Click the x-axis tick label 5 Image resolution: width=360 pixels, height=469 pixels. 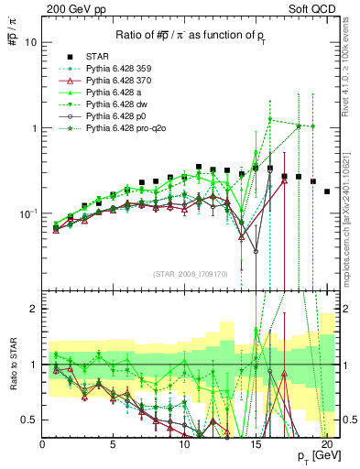[113, 442]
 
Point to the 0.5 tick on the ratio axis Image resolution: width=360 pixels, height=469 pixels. [30, 420]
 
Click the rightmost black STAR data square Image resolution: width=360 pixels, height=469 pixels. [327, 191]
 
